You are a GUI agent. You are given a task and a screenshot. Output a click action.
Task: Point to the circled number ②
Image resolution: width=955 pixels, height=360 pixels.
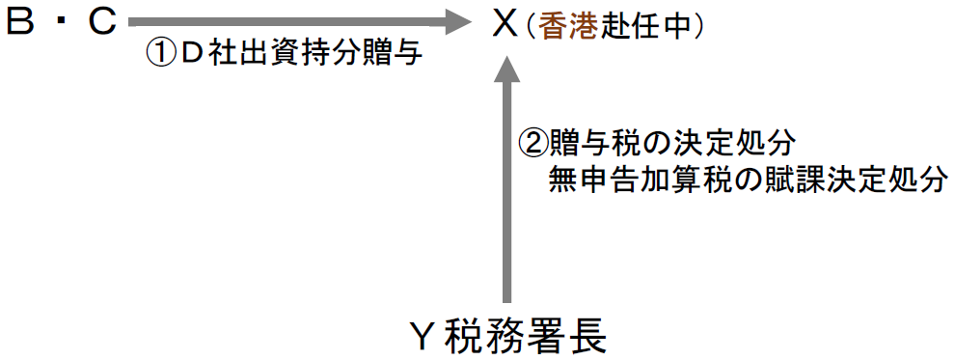coord(534,144)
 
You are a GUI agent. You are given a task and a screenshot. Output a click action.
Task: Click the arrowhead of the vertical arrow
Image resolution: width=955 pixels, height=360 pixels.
coord(505,72)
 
